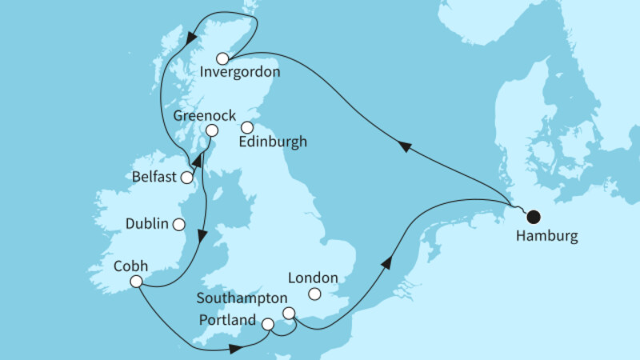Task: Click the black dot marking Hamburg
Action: [533, 216]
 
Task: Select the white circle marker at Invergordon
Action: [222, 58]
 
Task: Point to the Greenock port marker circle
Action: [211, 130]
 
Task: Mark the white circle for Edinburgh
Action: [247, 126]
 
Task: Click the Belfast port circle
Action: [187, 178]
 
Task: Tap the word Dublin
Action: [146, 225]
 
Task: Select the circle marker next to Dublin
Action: [179, 225]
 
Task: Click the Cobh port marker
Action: [136, 281]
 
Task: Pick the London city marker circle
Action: [315, 295]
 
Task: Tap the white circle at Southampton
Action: [289, 313]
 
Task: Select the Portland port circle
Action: [267, 324]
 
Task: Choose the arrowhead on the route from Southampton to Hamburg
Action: [389, 262]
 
